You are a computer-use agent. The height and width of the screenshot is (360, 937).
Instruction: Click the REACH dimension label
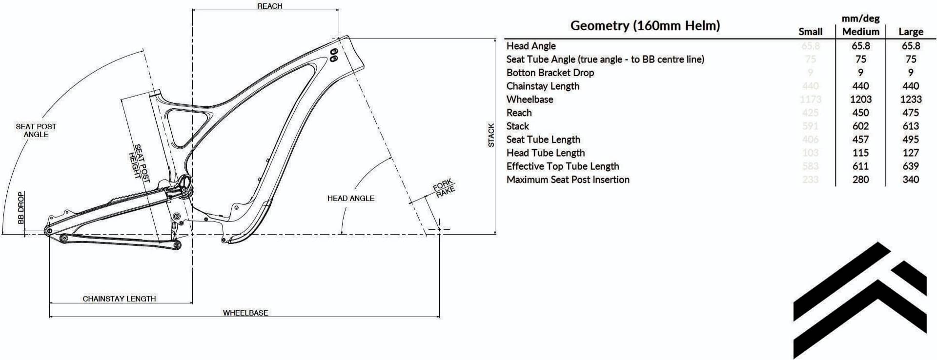(270, 6)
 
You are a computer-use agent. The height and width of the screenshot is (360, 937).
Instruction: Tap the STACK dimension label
(491, 135)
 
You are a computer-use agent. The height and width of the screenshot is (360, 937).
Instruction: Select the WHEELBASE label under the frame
(245, 313)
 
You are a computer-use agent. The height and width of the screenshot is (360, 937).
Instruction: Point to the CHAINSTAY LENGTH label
(119, 299)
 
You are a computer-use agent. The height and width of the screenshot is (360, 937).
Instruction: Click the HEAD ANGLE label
(351, 198)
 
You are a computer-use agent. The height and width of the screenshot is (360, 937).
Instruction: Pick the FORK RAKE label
(444, 188)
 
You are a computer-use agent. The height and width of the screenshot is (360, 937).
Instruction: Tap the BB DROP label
(21, 208)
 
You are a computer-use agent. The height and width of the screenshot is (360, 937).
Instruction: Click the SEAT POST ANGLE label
(36, 130)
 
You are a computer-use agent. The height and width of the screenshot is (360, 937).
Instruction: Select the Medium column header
(860, 32)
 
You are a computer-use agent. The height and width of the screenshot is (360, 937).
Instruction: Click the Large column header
(911, 32)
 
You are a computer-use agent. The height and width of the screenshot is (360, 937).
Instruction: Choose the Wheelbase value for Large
(911, 100)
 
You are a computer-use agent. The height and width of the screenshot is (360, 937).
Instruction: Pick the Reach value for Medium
(860, 113)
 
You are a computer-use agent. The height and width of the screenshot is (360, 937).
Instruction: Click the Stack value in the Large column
(911, 126)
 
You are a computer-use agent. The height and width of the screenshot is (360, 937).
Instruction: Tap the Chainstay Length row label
(543, 86)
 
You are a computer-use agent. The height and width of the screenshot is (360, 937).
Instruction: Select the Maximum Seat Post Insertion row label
(568, 180)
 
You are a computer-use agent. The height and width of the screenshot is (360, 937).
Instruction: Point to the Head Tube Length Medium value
(860, 153)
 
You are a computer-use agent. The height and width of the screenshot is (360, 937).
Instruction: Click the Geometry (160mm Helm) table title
(645, 25)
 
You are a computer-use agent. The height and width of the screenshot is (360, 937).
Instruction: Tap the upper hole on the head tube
(334, 52)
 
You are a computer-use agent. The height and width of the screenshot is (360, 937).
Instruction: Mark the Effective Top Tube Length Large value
(911, 166)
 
